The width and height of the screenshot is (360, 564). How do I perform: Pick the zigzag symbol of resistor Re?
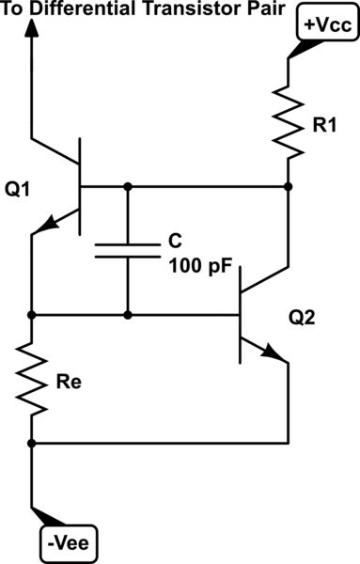33,379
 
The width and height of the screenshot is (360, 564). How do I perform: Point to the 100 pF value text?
199,267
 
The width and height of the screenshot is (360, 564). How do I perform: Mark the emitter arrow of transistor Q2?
273,355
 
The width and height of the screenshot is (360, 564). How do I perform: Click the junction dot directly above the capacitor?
127,187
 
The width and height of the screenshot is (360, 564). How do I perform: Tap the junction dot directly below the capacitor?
127,314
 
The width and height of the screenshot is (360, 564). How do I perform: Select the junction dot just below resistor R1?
288,187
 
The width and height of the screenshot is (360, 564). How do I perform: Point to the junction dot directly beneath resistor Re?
33,442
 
